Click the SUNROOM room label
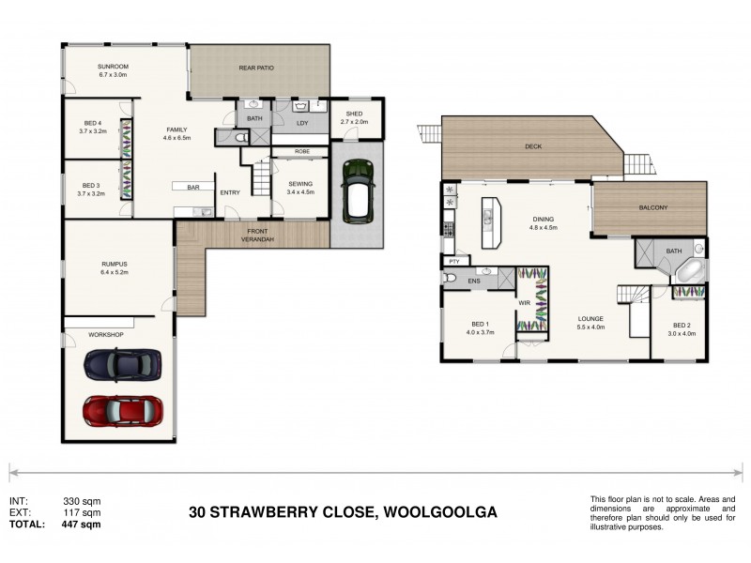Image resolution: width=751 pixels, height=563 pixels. tap(113, 67)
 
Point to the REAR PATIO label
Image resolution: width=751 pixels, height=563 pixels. tap(259, 67)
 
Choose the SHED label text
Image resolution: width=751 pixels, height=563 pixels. tap(354, 114)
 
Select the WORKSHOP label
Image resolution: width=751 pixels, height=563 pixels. tap(105, 334)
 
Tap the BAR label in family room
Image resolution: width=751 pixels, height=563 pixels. tap(193, 188)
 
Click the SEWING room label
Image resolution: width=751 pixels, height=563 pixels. tap(300, 184)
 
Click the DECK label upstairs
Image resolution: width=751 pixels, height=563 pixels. tap(533, 146)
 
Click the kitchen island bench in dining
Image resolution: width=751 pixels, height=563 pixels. tap(489, 221)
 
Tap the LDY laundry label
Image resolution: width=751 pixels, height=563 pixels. tap(302, 123)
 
